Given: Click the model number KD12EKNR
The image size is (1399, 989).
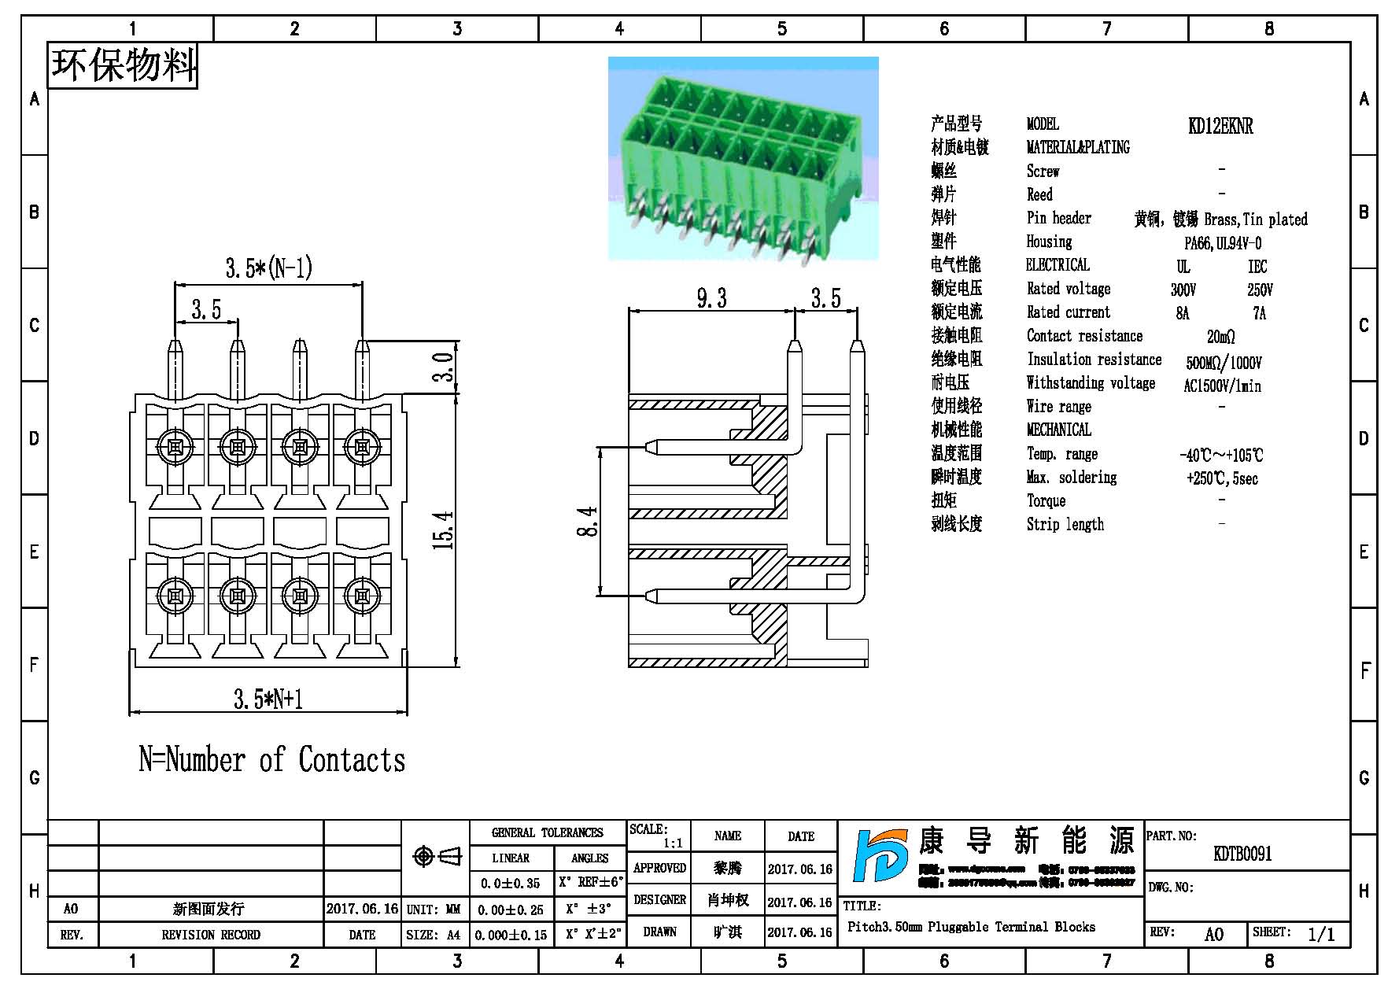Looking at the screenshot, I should (1220, 126).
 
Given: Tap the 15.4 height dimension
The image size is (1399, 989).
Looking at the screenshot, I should (445, 530).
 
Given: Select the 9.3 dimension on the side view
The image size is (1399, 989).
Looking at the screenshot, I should (711, 299).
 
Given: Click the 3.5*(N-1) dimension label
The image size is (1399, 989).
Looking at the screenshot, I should (268, 269).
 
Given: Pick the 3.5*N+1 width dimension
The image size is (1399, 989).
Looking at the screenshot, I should (268, 699).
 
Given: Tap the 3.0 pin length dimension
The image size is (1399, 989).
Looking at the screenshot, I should (445, 367).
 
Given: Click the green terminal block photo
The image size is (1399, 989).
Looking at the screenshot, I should (743, 158).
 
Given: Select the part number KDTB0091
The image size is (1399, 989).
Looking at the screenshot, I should (1242, 854).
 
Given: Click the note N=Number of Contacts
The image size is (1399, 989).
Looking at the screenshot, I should (272, 760).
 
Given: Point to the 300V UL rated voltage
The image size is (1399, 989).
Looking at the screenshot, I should (1183, 290).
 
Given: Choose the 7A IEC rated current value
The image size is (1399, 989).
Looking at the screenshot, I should (1259, 314).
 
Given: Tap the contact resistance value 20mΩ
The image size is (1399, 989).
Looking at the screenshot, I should (1220, 338).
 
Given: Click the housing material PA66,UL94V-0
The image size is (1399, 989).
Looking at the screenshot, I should (1222, 244).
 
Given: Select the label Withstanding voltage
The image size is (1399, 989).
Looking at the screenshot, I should (1091, 384).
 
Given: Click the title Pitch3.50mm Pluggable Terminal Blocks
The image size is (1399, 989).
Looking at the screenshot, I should (971, 927).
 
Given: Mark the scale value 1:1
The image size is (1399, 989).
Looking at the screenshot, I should (673, 843).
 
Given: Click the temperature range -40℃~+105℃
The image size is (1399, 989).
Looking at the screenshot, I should (1220, 456).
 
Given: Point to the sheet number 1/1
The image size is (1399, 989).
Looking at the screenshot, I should (1321, 934).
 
